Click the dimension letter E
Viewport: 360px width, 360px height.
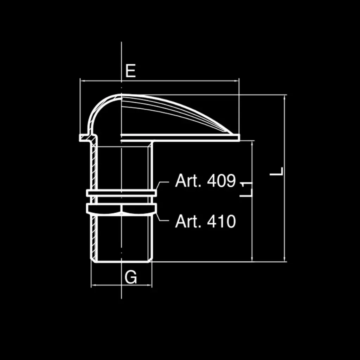[x=130, y=71]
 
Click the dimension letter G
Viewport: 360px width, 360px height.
[x=131, y=277]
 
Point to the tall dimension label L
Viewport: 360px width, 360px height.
[x=279, y=172]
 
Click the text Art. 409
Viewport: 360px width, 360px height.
[x=205, y=181]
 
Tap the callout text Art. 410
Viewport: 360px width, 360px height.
[x=205, y=221]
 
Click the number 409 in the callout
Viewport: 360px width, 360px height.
[x=221, y=181]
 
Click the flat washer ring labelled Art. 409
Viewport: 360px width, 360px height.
[x=121, y=193]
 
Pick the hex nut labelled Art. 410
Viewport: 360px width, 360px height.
[x=121, y=209]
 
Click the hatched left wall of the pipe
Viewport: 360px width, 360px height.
[x=94, y=165]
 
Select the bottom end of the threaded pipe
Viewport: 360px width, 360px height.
[x=121, y=261]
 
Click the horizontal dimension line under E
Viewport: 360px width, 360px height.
[x=176, y=81]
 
